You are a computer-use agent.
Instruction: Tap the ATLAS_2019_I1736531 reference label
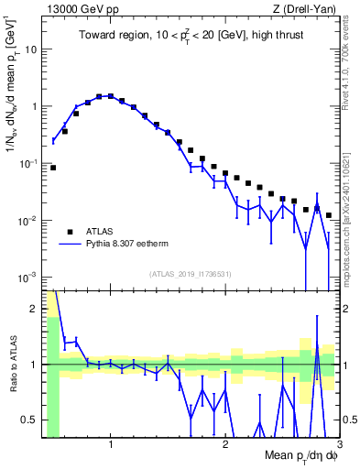(190, 273)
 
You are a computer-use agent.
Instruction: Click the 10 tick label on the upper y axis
(30, 49)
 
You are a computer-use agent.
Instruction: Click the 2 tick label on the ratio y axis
(34, 309)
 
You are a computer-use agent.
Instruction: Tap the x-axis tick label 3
(339, 445)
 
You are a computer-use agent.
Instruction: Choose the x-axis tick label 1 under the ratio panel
(111, 445)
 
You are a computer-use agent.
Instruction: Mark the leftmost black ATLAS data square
(53, 168)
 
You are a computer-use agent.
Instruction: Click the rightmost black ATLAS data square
(328, 215)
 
